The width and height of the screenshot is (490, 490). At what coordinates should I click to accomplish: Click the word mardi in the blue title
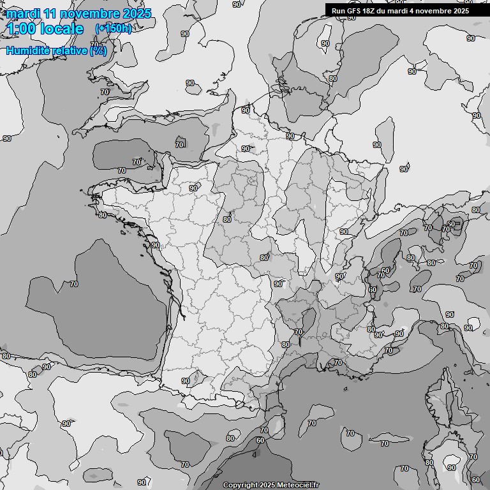[23, 13]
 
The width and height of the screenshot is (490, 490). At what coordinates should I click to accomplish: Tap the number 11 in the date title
[51, 13]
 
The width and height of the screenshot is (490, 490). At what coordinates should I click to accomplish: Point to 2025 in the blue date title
[137, 13]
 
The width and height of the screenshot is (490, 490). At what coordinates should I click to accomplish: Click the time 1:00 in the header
[22, 29]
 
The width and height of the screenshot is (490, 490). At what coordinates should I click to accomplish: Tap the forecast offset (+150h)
[114, 29]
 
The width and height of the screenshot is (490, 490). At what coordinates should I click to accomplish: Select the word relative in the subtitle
[70, 50]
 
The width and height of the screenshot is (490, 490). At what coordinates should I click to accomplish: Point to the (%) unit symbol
[98, 50]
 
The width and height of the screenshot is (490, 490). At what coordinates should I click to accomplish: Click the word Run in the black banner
[338, 11]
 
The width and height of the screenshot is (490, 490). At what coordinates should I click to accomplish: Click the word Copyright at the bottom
[240, 486]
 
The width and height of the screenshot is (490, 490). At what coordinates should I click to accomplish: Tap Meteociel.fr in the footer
[296, 486]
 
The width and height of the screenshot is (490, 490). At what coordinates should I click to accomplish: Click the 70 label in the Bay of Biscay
[74, 284]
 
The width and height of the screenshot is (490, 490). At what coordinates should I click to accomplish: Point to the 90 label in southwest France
[186, 382]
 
